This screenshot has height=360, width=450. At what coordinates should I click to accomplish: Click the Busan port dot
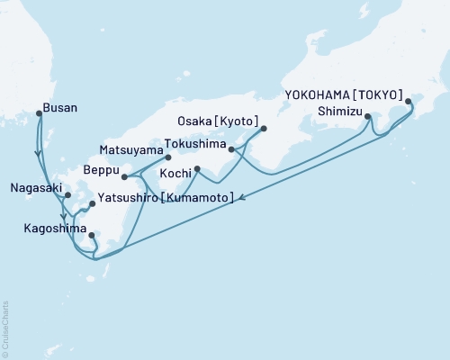click(38, 113)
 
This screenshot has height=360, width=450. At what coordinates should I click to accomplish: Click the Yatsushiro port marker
click(92, 204)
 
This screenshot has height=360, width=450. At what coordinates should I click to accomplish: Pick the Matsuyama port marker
click(167, 157)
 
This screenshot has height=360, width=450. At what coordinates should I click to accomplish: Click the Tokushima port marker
click(231, 149)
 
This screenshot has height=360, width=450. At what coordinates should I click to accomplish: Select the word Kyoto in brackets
click(240, 121)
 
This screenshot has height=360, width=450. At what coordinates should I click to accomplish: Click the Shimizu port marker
click(367, 116)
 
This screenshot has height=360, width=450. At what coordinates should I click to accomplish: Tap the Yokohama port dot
click(409, 103)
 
